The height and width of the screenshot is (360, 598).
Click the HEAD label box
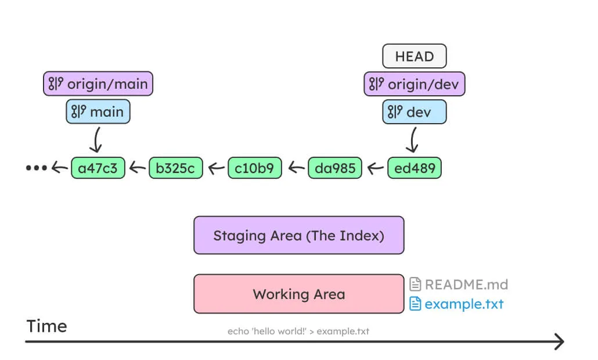(x=414, y=56)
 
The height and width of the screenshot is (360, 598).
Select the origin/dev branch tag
(x=414, y=84)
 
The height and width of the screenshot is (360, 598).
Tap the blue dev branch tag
(x=414, y=112)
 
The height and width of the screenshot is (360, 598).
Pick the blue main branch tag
(x=98, y=112)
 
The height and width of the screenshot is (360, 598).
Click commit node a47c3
(x=98, y=168)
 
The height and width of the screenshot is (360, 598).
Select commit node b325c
(x=176, y=168)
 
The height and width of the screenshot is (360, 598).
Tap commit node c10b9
(x=255, y=168)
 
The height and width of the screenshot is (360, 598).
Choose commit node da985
(x=334, y=168)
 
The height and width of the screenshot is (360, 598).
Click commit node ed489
(x=414, y=168)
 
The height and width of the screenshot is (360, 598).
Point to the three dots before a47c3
(x=35, y=168)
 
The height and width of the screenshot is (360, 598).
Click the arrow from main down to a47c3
(x=98, y=139)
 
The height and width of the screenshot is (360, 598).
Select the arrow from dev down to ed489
(x=413, y=139)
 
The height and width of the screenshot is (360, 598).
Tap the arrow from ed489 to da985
(x=375, y=168)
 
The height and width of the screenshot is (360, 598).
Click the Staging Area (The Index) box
(x=298, y=235)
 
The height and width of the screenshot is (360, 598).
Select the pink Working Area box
(x=298, y=294)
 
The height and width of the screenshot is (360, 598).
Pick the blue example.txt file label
(x=456, y=304)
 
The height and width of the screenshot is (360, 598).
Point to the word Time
(x=46, y=326)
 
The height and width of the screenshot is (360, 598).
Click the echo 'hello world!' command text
(x=298, y=331)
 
